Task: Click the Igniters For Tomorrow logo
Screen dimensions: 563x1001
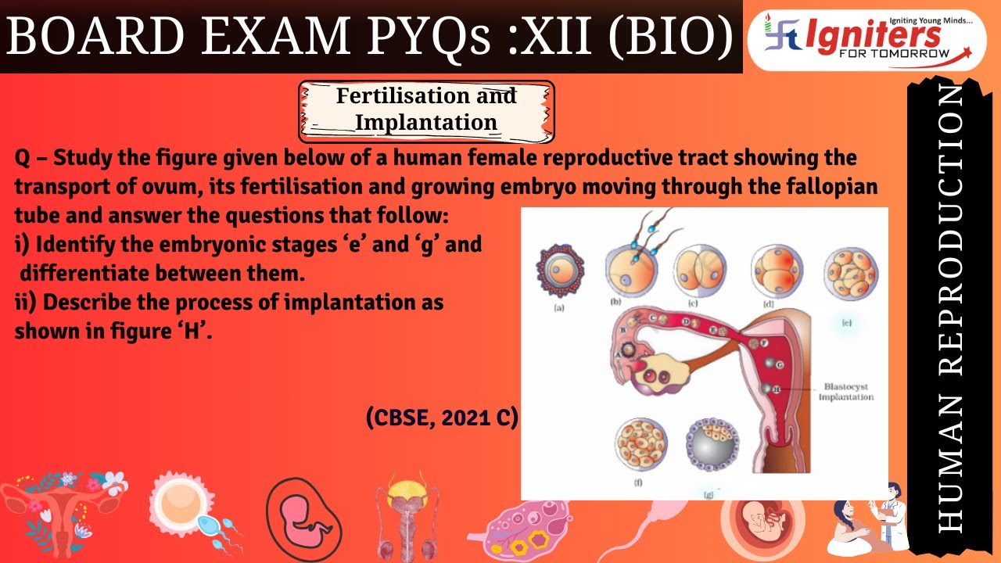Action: [866, 40]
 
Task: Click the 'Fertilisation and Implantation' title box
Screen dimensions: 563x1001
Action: [426, 109]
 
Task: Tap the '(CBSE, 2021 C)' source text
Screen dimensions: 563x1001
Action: [442, 418]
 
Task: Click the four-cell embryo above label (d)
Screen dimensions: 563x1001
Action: [776, 271]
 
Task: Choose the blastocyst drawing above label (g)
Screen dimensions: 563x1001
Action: [712, 446]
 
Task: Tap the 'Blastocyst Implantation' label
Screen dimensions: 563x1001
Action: [845, 392]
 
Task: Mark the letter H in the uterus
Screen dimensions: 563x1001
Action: [776, 389]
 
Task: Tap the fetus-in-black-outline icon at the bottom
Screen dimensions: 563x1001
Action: [304, 517]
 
